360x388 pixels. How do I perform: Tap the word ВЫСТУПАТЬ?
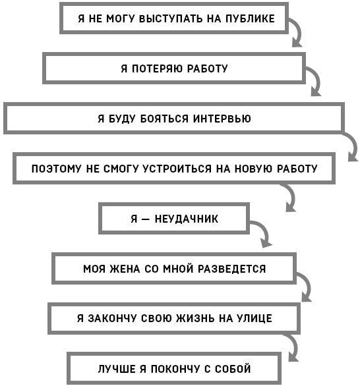click(x=171, y=19)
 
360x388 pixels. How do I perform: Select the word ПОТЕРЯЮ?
click(x=157, y=69)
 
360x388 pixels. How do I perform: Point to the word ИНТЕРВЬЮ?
click(x=222, y=119)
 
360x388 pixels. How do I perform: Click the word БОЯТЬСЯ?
click(x=164, y=119)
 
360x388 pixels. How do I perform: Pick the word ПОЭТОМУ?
click(x=57, y=169)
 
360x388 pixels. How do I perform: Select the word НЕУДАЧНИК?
click(x=187, y=219)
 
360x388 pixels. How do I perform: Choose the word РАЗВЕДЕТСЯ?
click(x=231, y=269)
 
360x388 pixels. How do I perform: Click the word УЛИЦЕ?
click(x=255, y=318)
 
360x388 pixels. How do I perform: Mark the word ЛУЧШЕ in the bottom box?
click(x=116, y=369)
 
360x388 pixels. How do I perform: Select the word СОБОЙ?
click(x=233, y=369)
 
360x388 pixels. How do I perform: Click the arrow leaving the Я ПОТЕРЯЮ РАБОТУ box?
click(x=317, y=78)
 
